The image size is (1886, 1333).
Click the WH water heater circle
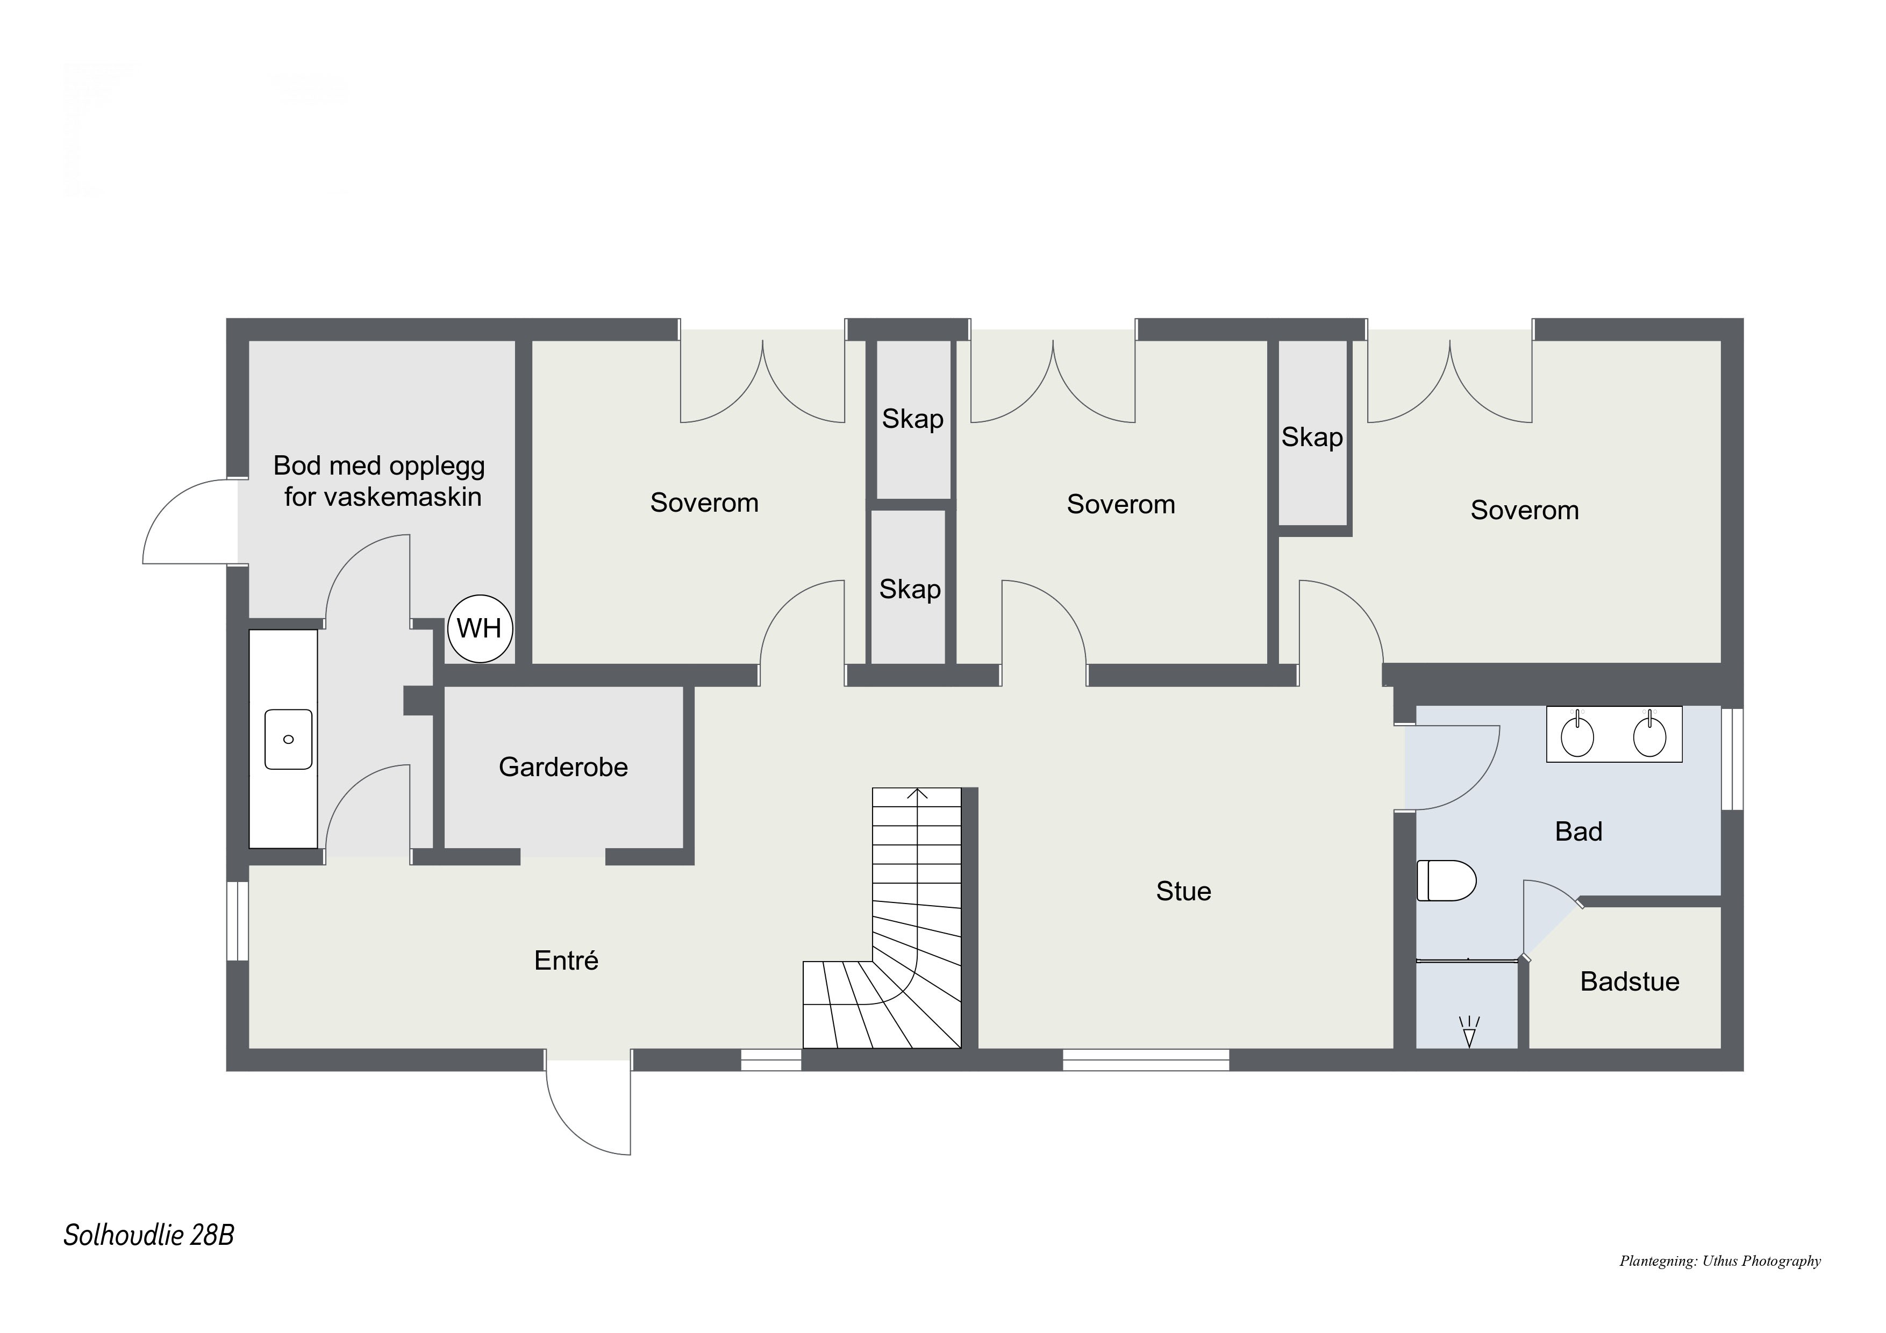pos(480,628)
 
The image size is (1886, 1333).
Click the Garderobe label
pos(563,767)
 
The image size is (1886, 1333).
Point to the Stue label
pos(1184,891)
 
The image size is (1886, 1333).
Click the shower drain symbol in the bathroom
pos(1469,1033)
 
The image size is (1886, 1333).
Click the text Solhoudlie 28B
pos(149,1235)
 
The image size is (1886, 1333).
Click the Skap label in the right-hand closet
pos(1312,437)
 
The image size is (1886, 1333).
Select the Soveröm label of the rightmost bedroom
pos(1525,510)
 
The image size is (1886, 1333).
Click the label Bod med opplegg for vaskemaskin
pos(380,481)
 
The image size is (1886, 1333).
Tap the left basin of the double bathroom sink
pos(1577,736)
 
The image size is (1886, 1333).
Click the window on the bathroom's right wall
pos(1732,759)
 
